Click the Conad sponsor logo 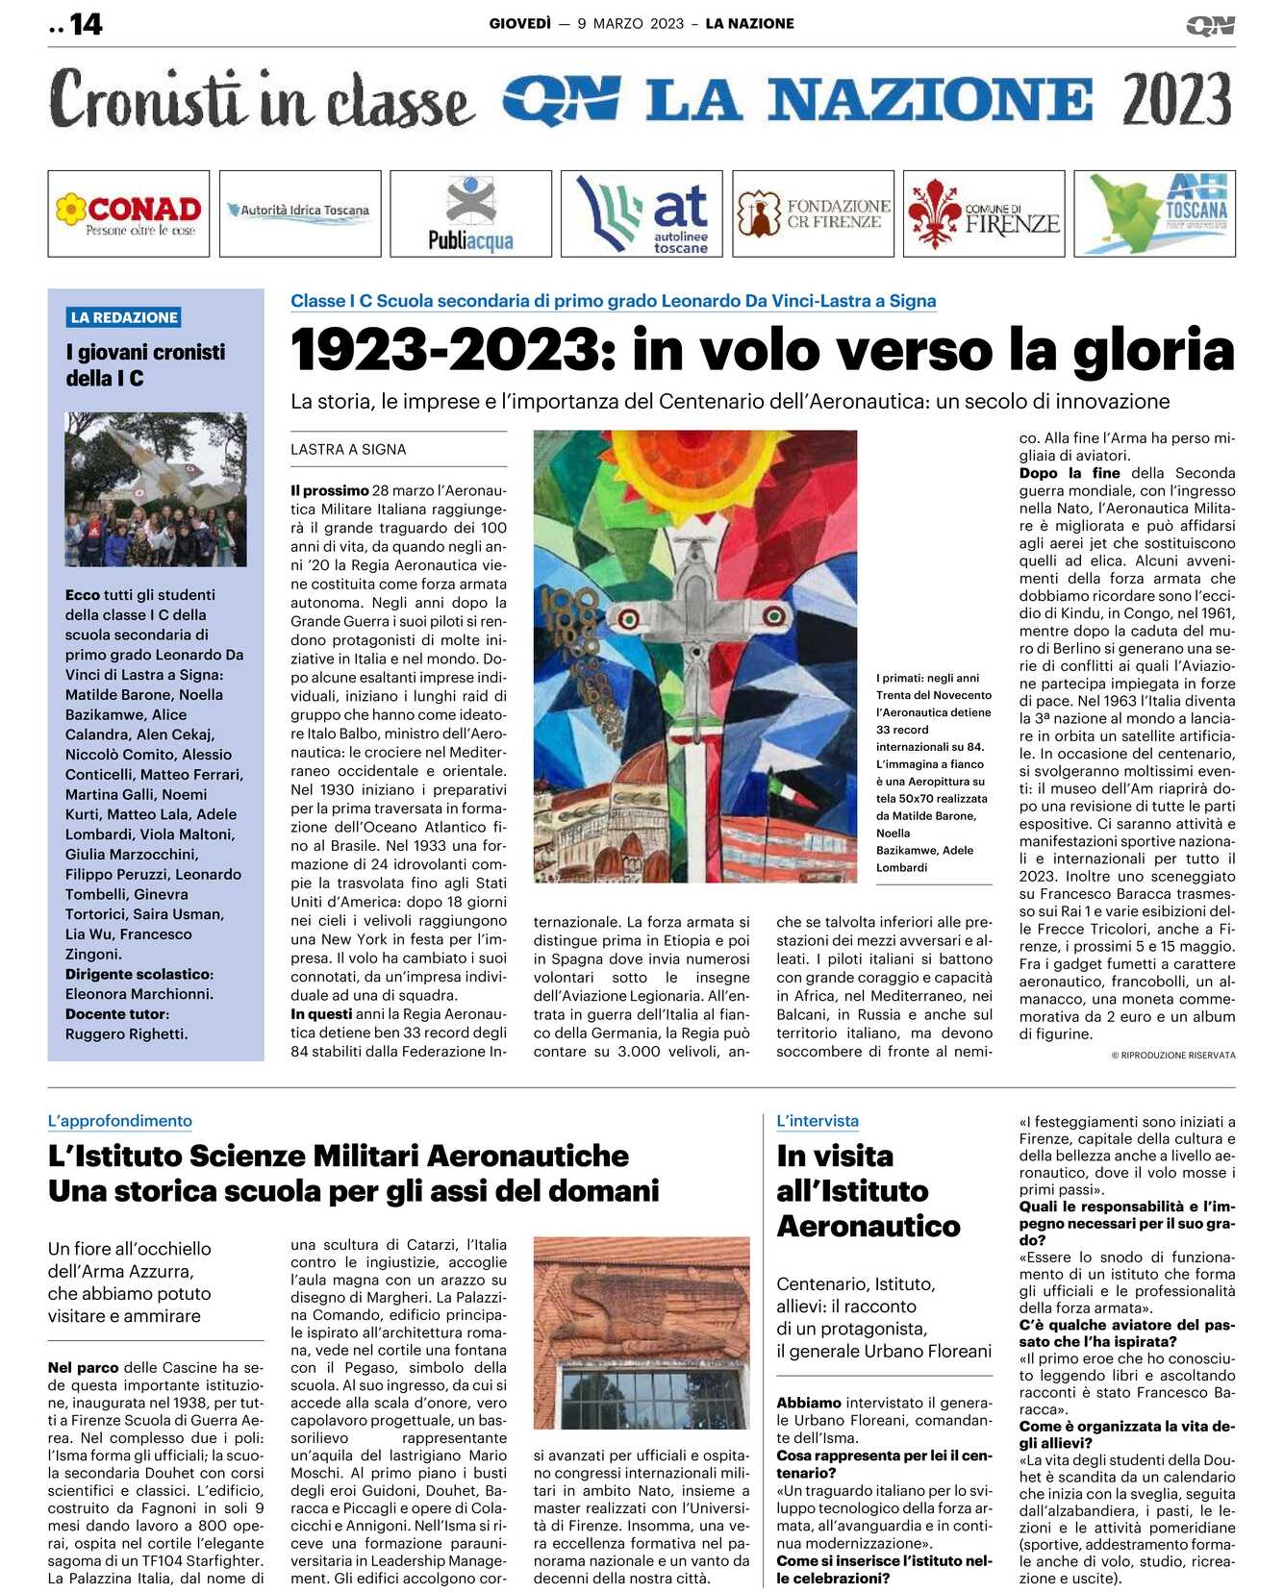129,213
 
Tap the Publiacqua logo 470,213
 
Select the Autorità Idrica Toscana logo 300,211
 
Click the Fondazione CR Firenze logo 813,213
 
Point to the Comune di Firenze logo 983,213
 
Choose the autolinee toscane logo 642,213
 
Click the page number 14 86,24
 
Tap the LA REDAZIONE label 124,317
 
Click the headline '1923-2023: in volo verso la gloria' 762,350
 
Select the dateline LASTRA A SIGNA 348,449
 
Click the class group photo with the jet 156,489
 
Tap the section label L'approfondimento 120,1121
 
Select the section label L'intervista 818,1121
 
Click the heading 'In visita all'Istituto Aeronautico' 868,1191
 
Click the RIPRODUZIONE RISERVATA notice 1173,1056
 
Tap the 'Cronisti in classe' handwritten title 262,99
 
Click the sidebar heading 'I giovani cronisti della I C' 145,365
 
